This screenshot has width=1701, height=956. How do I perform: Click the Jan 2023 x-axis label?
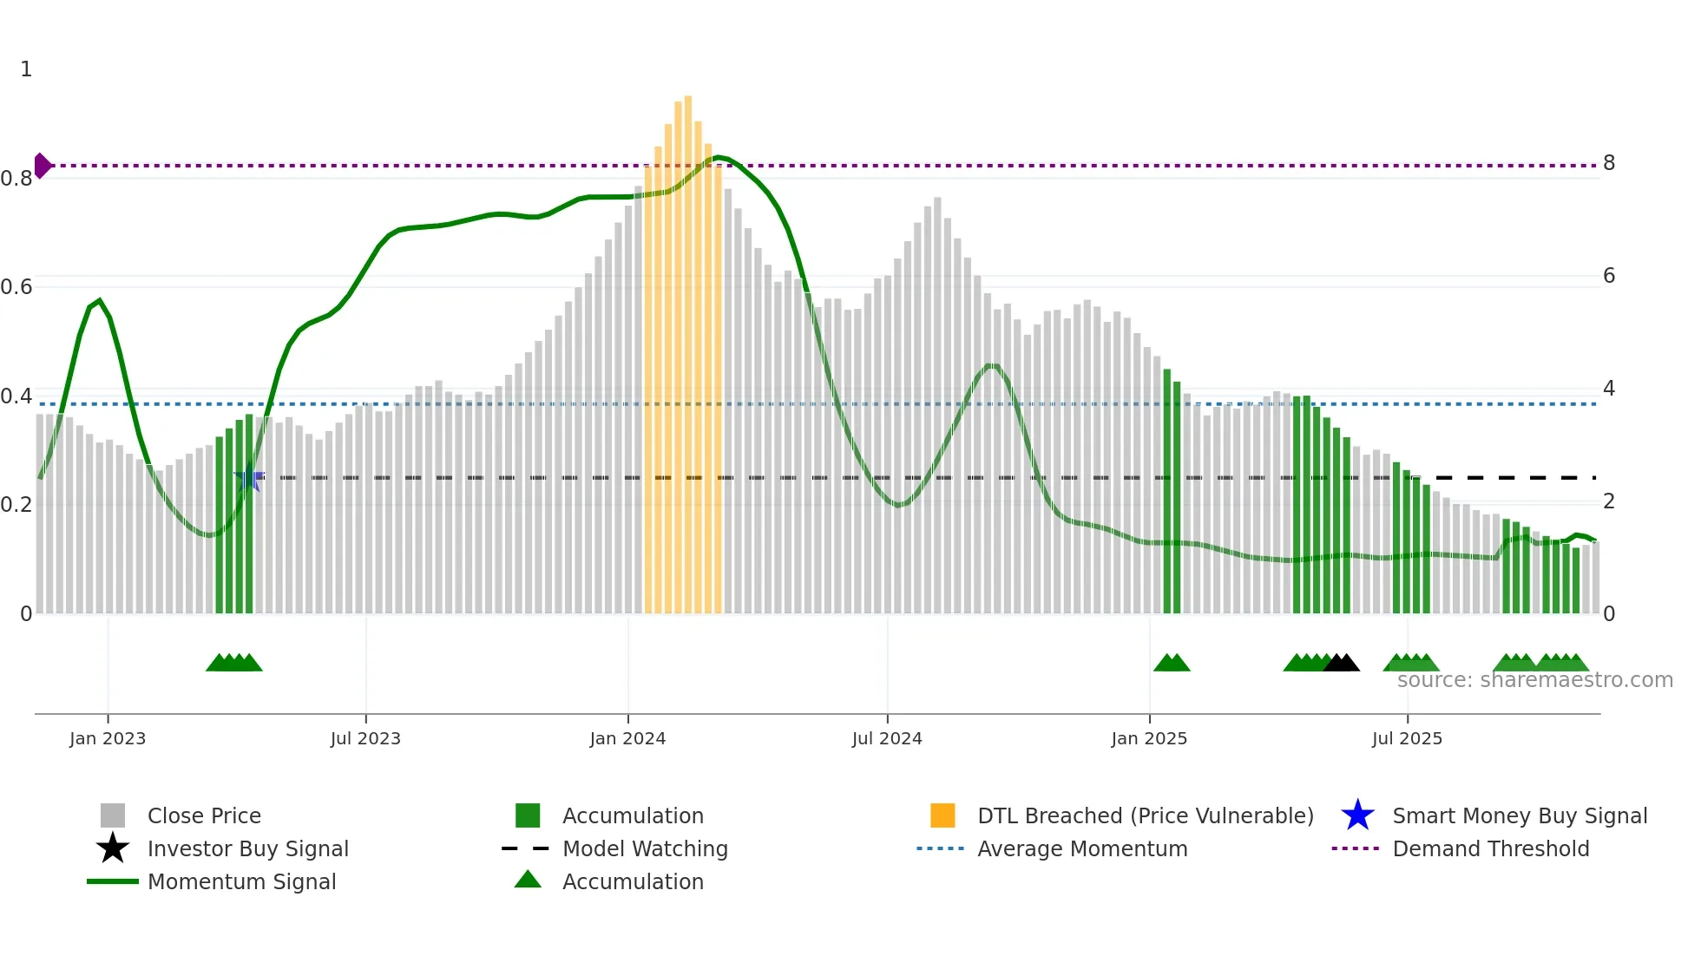click(x=108, y=738)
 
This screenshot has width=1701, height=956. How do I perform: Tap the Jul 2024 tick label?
click(x=887, y=738)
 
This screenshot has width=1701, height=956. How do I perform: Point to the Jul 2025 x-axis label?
click(x=1407, y=738)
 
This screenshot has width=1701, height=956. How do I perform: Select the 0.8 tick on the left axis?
click(x=16, y=179)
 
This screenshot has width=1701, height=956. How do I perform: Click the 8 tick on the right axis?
click(x=1609, y=163)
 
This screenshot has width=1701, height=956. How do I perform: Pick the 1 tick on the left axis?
click(x=26, y=69)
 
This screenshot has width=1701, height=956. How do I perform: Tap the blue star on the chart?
click(x=248, y=478)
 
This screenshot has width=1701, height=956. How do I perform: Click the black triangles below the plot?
click(x=1341, y=663)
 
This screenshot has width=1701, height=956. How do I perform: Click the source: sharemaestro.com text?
click(x=1534, y=680)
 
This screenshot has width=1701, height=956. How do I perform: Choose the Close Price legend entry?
click(x=204, y=815)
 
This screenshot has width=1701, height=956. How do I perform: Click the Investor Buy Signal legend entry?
click(x=247, y=848)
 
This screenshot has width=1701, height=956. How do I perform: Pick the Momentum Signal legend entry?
click(x=241, y=881)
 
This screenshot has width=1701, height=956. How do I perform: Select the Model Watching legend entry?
click(x=645, y=848)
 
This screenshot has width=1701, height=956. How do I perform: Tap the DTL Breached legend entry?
click(x=1145, y=815)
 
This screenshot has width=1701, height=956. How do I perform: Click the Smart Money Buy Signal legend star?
click(x=1357, y=815)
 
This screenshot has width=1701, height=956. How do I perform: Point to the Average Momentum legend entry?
click(x=1082, y=848)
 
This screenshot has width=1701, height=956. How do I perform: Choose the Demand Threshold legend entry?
click(x=1490, y=848)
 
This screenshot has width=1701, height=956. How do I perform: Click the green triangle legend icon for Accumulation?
click(x=528, y=880)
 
